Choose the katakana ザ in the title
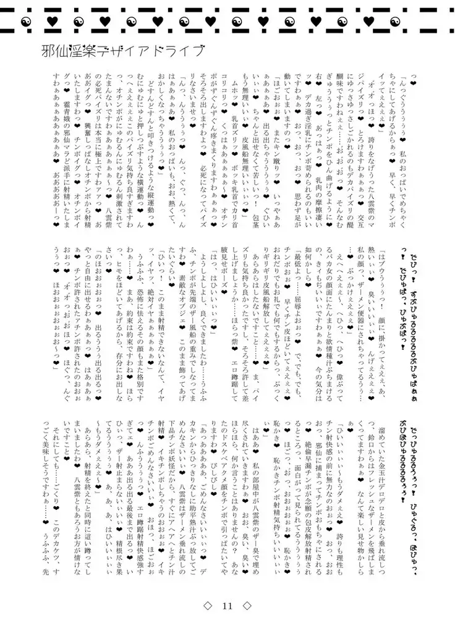click(x=125, y=53)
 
